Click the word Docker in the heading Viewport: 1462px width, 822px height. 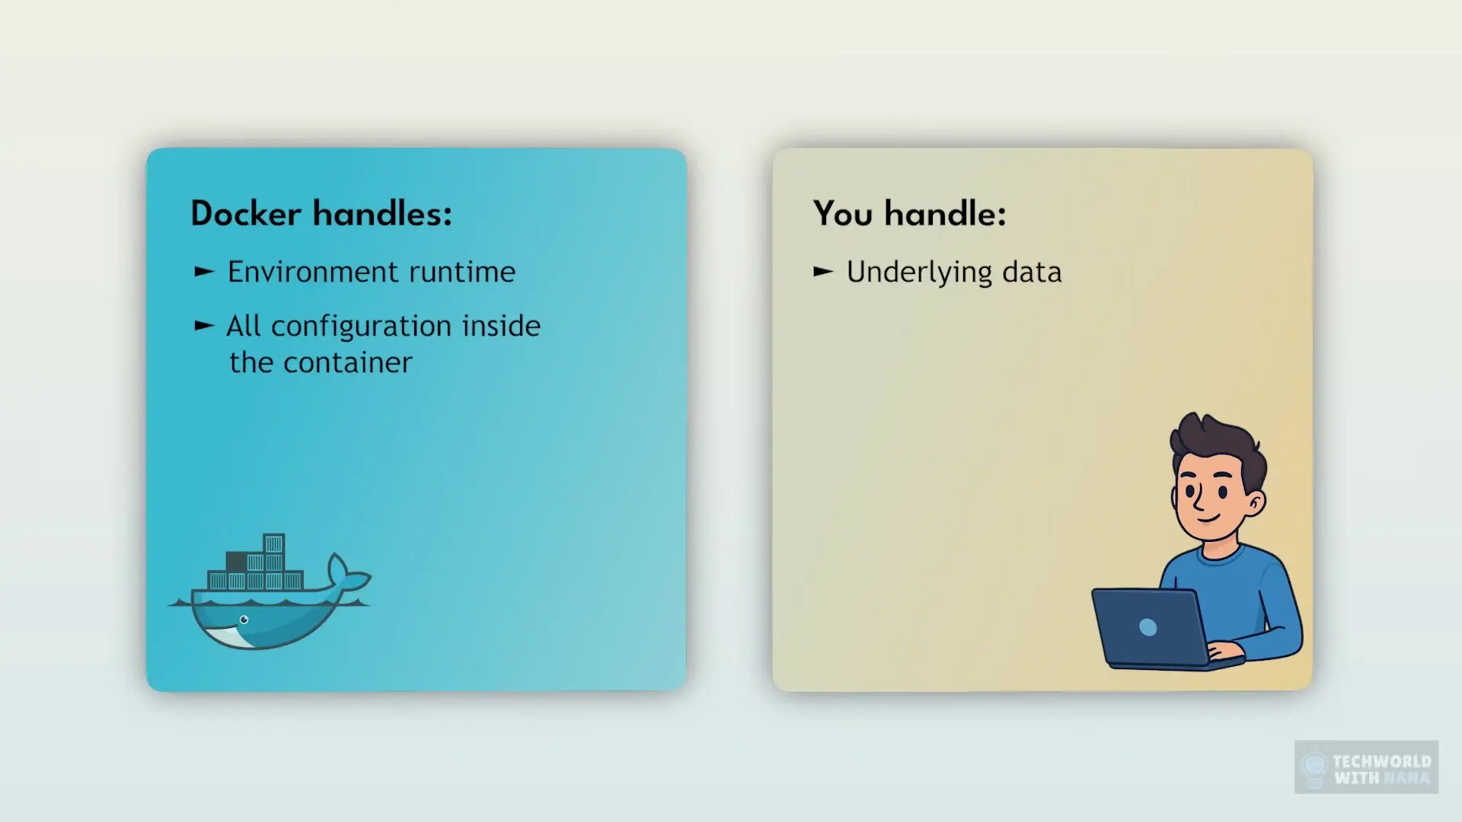click(x=245, y=214)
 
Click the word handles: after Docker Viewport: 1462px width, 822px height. click(x=383, y=213)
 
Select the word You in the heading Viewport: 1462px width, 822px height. click(x=843, y=214)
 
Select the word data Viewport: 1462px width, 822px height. click(x=1032, y=272)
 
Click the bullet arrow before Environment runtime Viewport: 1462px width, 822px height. click(x=204, y=272)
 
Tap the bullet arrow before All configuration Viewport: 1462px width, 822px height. click(x=204, y=326)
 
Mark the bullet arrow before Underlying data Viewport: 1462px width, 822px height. click(x=824, y=272)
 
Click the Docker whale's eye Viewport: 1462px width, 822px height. click(x=244, y=620)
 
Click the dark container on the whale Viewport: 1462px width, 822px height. click(x=236, y=562)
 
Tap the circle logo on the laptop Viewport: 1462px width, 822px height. click(x=1148, y=627)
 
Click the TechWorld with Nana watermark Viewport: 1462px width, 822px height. click(x=1367, y=768)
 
